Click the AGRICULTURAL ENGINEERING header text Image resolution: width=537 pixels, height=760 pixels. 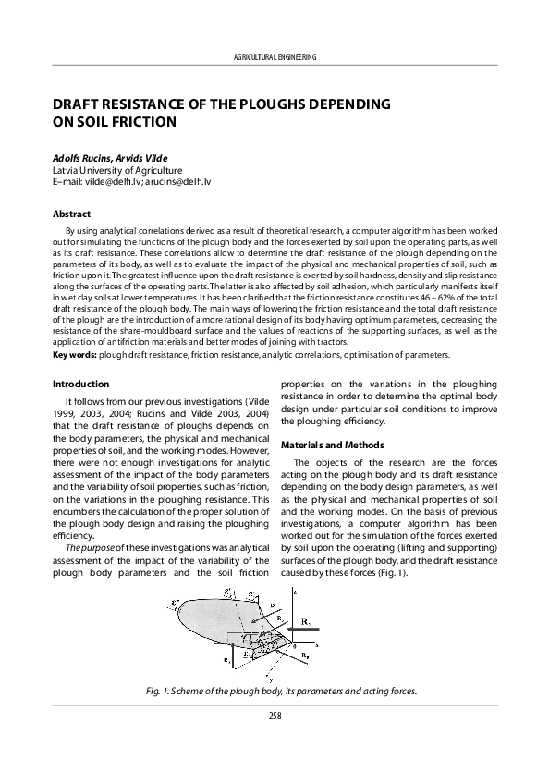[277, 57]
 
